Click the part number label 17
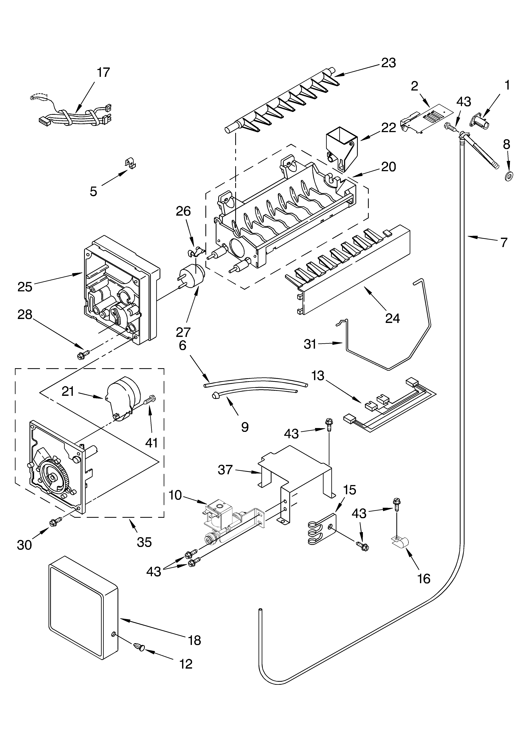pos(103,73)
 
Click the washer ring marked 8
pos(510,176)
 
